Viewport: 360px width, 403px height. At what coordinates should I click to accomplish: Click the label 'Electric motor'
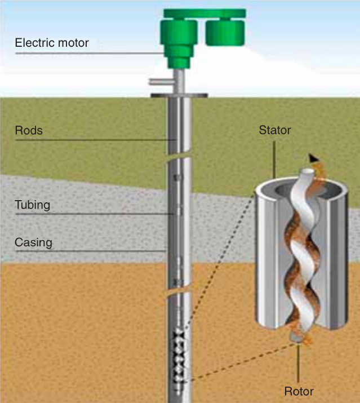tap(51, 42)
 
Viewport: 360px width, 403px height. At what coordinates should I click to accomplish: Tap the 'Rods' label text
tap(29, 131)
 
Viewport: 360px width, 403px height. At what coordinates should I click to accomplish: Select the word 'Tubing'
tap(32, 205)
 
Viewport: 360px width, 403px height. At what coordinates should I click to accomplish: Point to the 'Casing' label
tap(33, 243)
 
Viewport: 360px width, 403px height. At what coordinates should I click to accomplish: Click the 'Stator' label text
tap(274, 131)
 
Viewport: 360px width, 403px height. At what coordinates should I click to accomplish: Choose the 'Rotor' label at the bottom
tap(299, 391)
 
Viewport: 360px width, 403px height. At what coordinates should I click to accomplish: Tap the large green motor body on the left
tap(179, 38)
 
